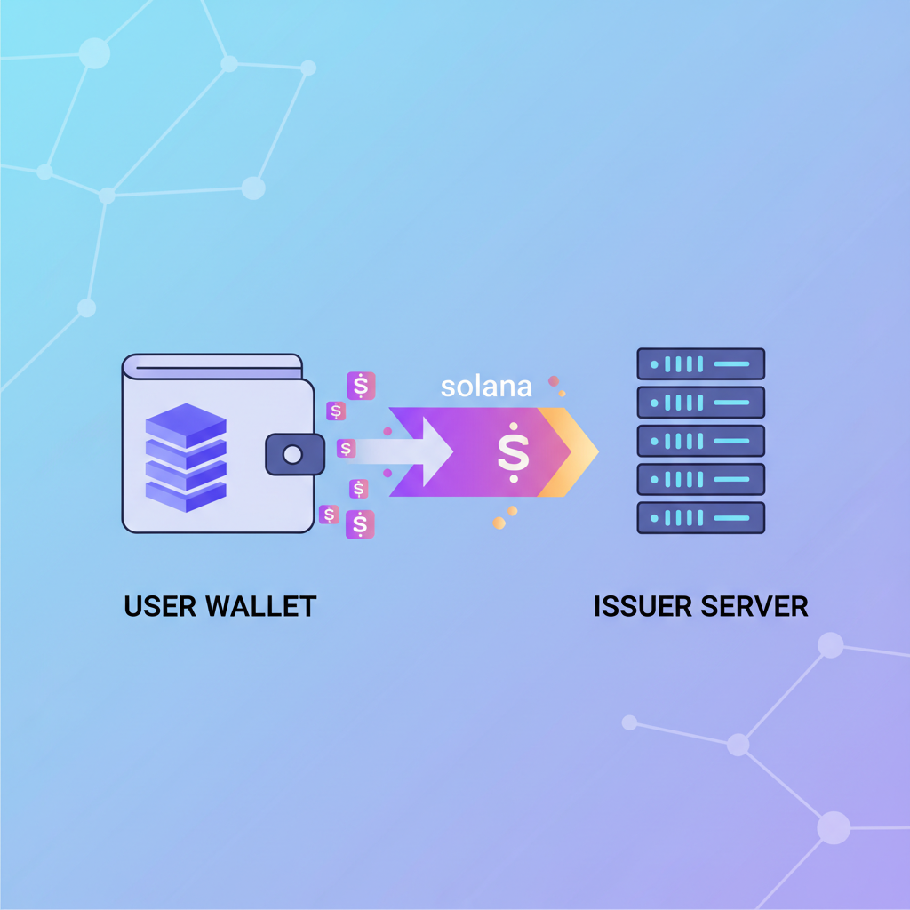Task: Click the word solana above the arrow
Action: pyautogui.click(x=486, y=387)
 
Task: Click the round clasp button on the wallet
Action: pyautogui.click(x=292, y=455)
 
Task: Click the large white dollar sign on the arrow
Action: pyautogui.click(x=513, y=452)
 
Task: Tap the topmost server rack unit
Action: pyautogui.click(x=700, y=364)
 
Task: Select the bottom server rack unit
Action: pyautogui.click(x=700, y=517)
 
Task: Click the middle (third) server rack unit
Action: pyautogui.click(x=700, y=441)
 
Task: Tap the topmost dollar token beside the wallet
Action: pyautogui.click(x=361, y=386)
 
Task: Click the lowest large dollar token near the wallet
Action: pyautogui.click(x=360, y=524)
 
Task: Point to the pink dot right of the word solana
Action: pyautogui.click(x=554, y=381)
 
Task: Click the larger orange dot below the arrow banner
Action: pyautogui.click(x=499, y=523)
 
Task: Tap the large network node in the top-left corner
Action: pyautogui.click(x=94, y=53)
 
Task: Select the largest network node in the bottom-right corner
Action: pyautogui.click(x=834, y=826)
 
